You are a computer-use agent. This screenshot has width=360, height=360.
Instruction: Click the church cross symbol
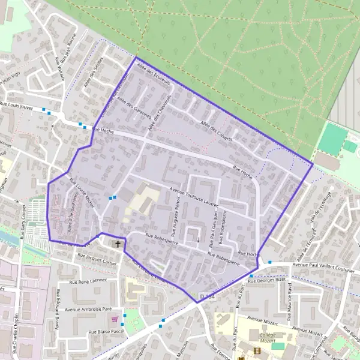118,244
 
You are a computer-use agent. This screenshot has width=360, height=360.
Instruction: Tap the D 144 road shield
207,296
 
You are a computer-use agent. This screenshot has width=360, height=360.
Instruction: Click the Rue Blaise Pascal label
106,331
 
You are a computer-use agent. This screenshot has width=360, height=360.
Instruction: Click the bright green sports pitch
332,138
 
